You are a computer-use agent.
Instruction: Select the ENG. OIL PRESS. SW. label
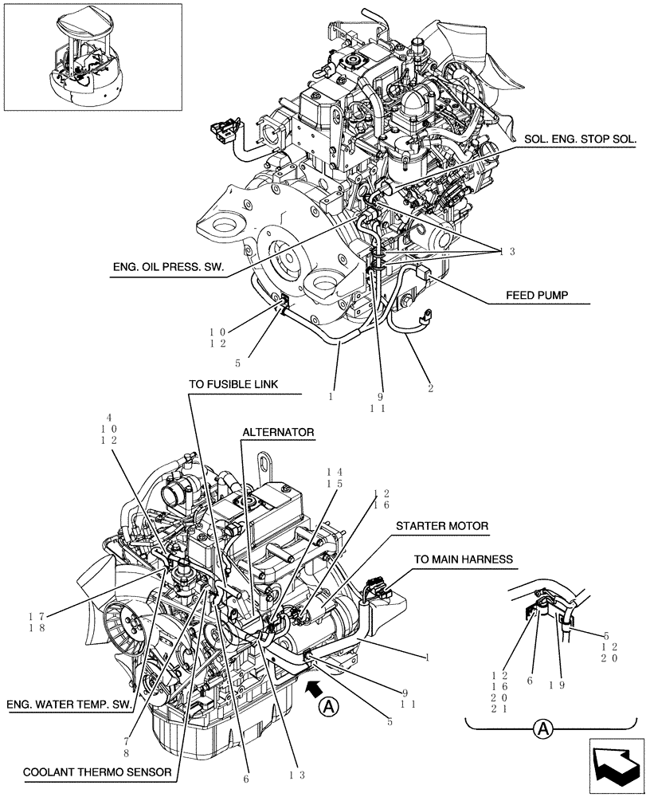click(168, 269)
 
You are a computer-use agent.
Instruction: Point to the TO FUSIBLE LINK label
click(233, 384)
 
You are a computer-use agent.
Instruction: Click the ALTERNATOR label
click(278, 432)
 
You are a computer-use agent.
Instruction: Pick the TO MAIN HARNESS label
click(462, 559)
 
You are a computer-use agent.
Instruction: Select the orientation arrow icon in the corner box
click(617, 766)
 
